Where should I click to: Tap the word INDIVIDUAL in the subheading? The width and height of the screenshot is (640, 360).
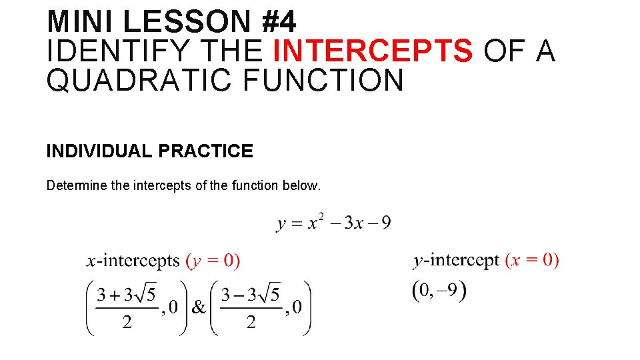tap(99, 151)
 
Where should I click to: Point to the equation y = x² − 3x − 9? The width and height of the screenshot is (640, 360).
tap(333, 222)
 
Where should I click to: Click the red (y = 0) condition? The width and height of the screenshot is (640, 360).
tap(213, 261)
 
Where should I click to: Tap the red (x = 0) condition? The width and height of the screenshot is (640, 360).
tap(532, 260)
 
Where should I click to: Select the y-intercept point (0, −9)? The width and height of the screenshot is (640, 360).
tap(439, 291)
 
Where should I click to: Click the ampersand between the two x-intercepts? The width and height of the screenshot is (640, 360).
tap(199, 307)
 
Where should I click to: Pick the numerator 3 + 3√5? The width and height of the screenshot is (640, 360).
tap(127, 294)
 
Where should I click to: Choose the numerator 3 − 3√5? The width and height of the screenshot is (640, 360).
tap(251, 294)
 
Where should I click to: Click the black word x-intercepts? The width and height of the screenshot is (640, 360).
tap(133, 261)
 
